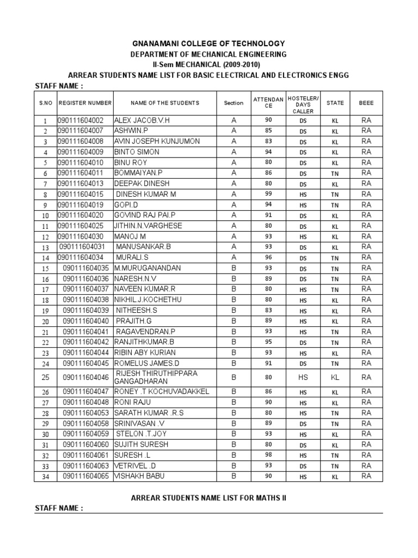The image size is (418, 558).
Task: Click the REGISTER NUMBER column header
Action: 85,103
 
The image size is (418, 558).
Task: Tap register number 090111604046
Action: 86,377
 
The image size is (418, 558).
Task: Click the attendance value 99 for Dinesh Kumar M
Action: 268,193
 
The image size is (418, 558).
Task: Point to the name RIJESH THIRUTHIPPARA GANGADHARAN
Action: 156,377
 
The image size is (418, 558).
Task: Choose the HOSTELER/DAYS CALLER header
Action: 303,103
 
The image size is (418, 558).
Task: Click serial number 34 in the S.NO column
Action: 45,477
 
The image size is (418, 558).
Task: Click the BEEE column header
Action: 366,103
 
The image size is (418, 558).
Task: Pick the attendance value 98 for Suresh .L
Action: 268,454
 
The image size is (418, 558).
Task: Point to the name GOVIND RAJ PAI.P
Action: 145,215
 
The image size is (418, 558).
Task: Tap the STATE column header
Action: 335,103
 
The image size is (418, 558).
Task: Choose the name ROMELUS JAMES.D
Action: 146,363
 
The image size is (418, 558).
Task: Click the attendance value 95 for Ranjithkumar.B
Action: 268,342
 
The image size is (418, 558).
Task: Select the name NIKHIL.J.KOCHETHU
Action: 148,300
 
